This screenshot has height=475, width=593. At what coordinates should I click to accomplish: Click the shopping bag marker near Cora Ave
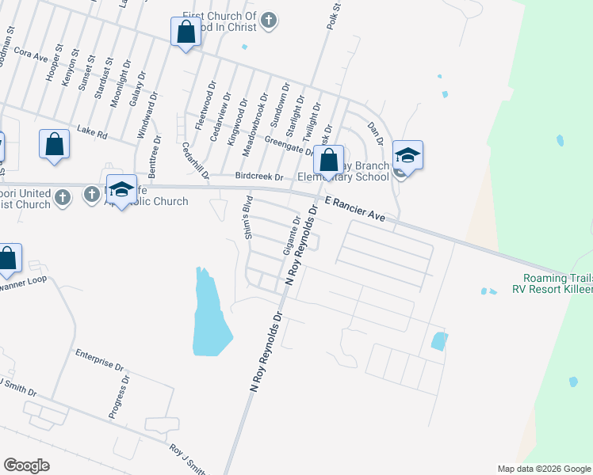pos(186,33)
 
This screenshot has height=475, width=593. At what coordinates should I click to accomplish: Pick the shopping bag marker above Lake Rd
pos(54,145)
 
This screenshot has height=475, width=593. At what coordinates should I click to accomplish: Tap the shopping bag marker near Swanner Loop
pos(8,260)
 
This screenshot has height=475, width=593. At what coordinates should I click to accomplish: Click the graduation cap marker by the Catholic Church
pos(121,190)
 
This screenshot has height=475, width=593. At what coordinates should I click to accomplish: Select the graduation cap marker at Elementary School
pos(407,156)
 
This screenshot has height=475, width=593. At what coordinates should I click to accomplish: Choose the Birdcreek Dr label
pos(258,177)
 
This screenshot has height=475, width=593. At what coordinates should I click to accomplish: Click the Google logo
pos(26,465)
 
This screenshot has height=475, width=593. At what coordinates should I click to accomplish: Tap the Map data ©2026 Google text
pos(544,469)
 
